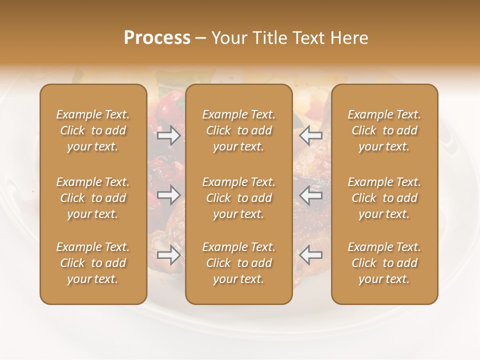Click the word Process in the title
(x=157, y=38)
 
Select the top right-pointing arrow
(x=168, y=135)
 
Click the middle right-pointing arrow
(x=168, y=195)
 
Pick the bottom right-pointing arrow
(x=168, y=255)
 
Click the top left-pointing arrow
(x=311, y=135)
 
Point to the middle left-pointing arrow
(x=311, y=195)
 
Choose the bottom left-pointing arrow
(x=311, y=255)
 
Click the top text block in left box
(x=93, y=130)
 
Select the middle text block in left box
(x=93, y=198)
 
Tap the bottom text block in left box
(x=93, y=263)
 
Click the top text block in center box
(x=239, y=130)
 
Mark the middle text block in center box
(x=239, y=198)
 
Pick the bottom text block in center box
(x=239, y=263)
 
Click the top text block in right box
(x=384, y=130)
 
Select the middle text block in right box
(x=384, y=198)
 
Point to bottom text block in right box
(x=384, y=263)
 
